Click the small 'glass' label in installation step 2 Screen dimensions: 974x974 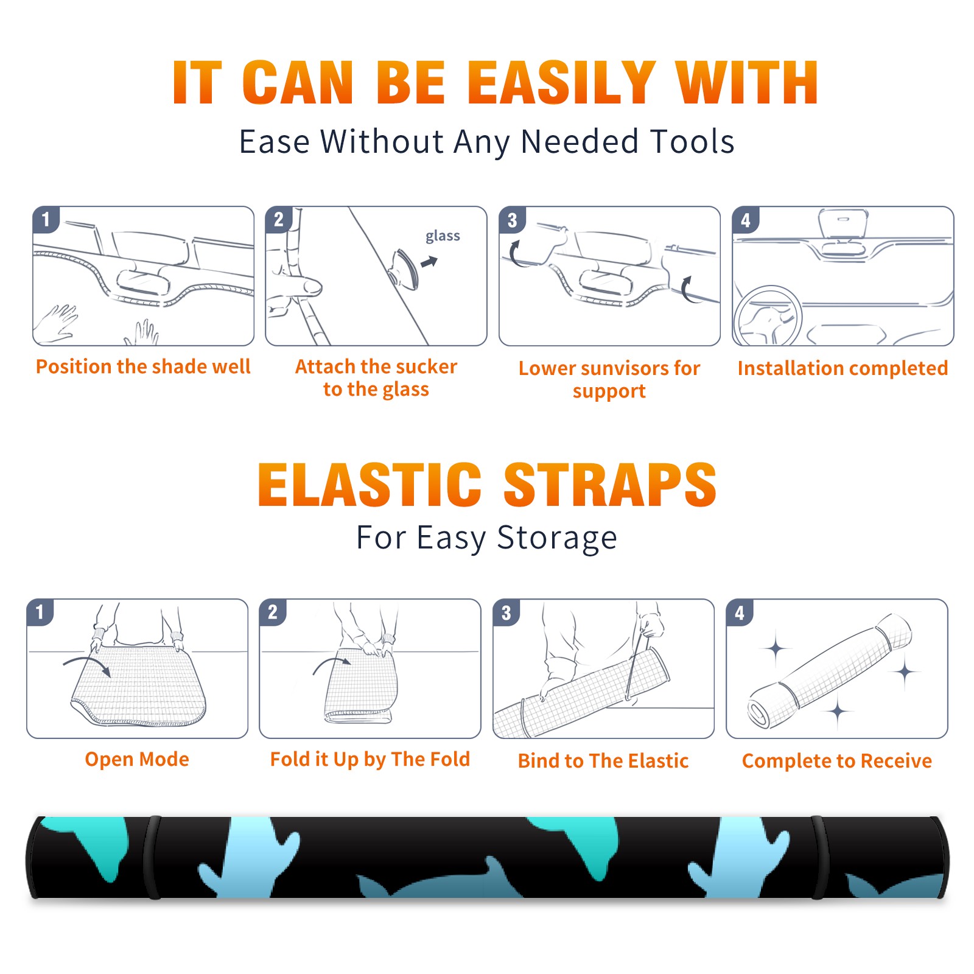pyautogui.click(x=443, y=236)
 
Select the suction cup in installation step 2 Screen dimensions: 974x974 pyautogui.click(x=405, y=268)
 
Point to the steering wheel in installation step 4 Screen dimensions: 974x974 pyautogui.click(x=768, y=317)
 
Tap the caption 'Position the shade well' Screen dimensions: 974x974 pyautogui.click(x=143, y=366)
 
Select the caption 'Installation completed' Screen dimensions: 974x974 pyautogui.click(x=843, y=368)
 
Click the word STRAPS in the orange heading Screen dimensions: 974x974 pyautogui.click(x=610, y=485)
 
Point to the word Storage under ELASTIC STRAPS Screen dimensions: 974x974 pyautogui.click(x=557, y=539)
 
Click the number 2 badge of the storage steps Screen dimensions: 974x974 pyautogui.click(x=273, y=612)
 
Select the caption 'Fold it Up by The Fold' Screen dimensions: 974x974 pyautogui.click(x=370, y=760)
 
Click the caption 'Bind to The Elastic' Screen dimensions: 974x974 pyautogui.click(x=603, y=761)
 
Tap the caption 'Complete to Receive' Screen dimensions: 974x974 pyautogui.click(x=837, y=761)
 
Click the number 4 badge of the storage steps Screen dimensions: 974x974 pyautogui.click(x=740, y=612)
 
